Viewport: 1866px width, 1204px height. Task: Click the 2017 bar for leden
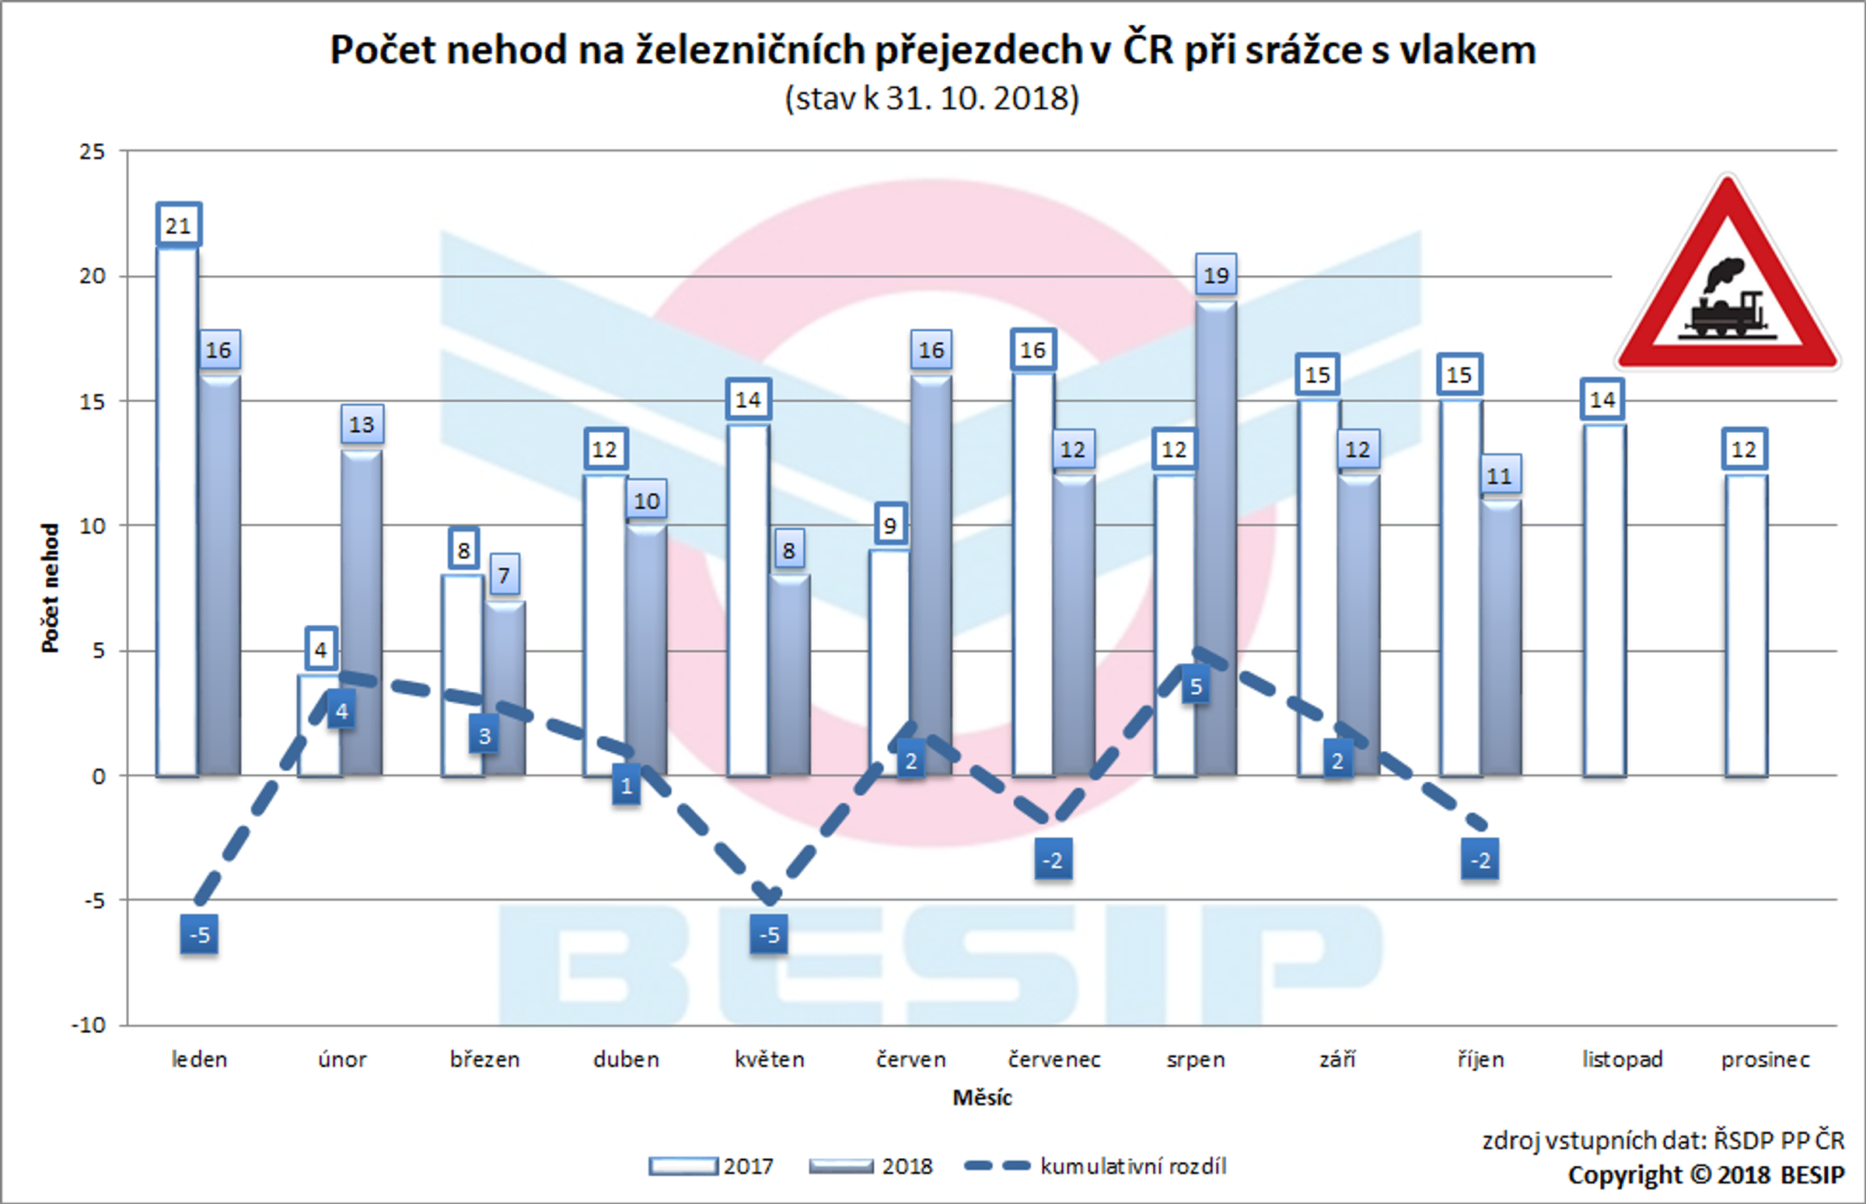click(176, 512)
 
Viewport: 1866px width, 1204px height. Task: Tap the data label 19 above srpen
click(1216, 275)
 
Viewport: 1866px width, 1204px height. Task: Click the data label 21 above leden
click(178, 226)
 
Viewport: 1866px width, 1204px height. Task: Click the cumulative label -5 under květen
click(770, 934)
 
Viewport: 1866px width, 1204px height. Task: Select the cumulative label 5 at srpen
click(1196, 686)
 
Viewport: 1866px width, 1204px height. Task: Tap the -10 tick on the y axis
click(89, 1025)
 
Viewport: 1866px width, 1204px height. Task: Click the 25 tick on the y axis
click(92, 152)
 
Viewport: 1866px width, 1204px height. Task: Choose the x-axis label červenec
click(1054, 1059)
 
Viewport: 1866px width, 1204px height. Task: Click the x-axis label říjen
click(1480, 1059)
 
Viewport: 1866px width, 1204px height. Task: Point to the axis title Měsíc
click(981, 1098)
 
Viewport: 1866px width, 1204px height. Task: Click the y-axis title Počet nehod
click(50, 588)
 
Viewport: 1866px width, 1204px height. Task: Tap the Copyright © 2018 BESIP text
click(1706, 1175)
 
